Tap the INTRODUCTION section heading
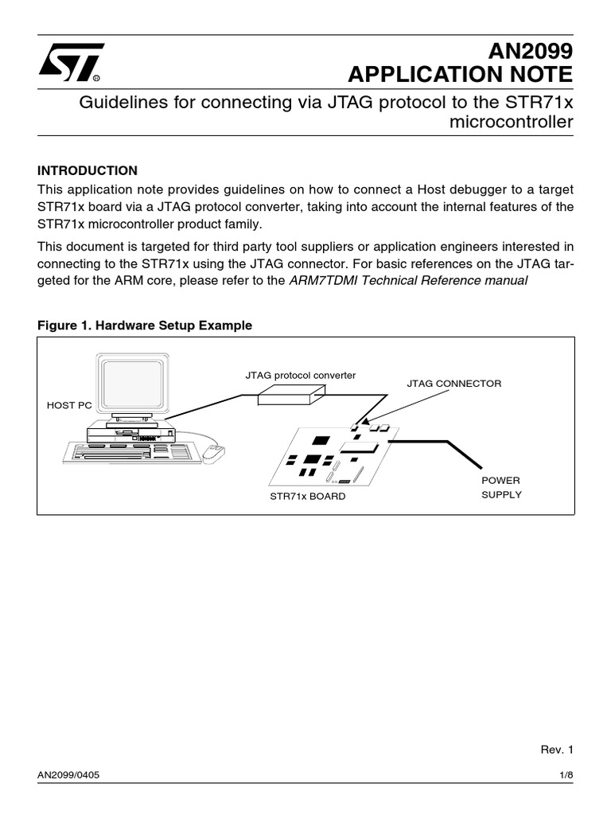coord(88,170)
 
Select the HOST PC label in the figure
coord(69,405)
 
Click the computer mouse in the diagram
coord(213,453)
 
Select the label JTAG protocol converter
coord(300,374)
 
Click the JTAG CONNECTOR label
coord(454,384)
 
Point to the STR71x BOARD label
coord(308,497)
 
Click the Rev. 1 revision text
coord(556,749)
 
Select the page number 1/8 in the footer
coord(565,775)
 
